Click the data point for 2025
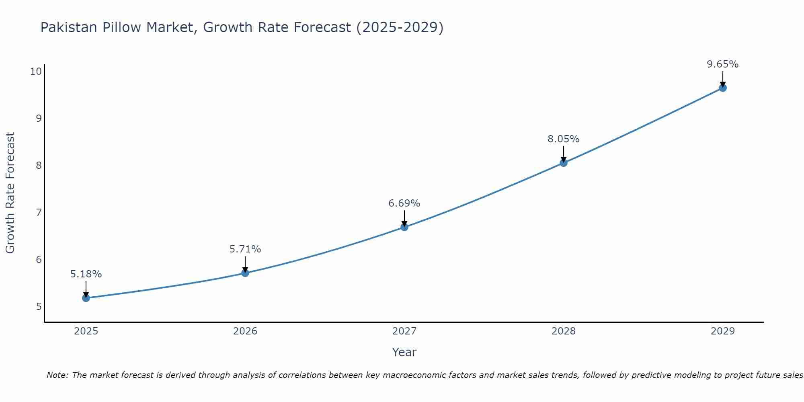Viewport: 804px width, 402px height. pos(86,298)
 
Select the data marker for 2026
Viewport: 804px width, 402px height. pos(245,273)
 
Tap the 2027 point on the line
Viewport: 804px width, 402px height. pos(404,227)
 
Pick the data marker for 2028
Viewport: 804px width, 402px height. pos(564,163)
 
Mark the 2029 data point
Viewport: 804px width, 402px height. pos(723,88)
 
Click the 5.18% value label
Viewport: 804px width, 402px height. pos(86,274)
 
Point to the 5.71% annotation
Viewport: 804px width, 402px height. pos(245,249)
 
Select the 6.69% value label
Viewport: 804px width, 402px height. pos(404,203)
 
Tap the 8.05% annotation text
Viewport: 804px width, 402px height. pos(564,139)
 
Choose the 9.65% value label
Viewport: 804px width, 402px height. pos(723,64)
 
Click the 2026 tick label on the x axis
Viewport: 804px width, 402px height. pos(245,331)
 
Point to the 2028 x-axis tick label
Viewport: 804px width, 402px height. pos(564,331)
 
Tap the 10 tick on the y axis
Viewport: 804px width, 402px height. pos(36,72)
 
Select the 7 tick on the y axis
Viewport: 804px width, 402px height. pos(39,212)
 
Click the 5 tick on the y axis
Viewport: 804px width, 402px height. pos(39,307)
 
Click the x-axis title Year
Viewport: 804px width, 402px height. pos(404,352)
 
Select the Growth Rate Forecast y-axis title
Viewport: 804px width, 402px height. pos(10,193)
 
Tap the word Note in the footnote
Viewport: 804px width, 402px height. pos(58,375)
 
